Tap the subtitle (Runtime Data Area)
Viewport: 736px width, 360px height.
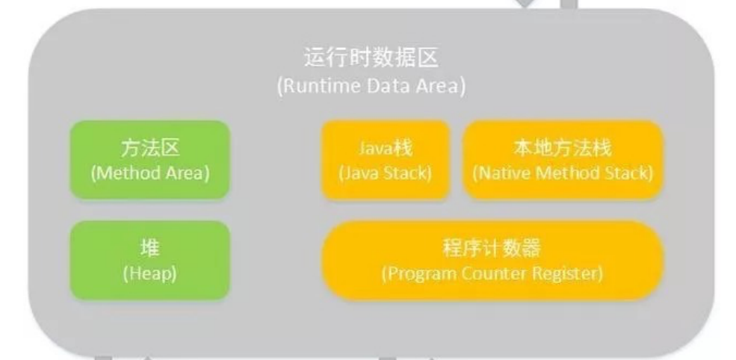click(x=371, y=86)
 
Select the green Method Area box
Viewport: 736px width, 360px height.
click(x=149, y=160)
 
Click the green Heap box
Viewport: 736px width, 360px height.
click(x=149, y=261)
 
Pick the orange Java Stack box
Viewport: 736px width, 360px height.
click(x=386, y=160)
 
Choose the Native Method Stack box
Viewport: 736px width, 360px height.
click(x=563, y=160)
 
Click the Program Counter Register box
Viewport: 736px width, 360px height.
click(x=492, y=261)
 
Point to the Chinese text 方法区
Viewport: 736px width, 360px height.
click(x=149, y=148)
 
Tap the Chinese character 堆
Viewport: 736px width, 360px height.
click(x=149, y=249)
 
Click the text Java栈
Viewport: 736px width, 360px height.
click(x=386, y=148)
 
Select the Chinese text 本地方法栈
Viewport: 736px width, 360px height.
click(x=563, y=148)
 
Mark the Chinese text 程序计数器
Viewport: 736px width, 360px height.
click(x=492, y=249)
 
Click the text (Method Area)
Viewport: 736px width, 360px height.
click(x=149, y=173)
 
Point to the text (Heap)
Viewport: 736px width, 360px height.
click(x=149, y=273)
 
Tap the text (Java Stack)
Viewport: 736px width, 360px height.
click(x=386, y=173)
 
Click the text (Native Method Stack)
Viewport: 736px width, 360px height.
click(x=563, y=173)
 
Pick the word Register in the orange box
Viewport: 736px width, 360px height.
click(x=569, y=273)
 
